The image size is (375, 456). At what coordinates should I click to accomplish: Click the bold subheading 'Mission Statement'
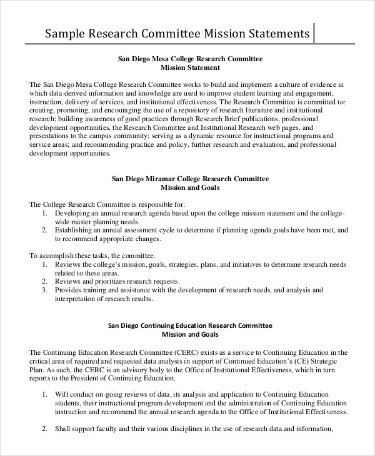[x=190, y=67]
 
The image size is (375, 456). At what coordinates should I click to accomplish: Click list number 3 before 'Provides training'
[x=44, y=290]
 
